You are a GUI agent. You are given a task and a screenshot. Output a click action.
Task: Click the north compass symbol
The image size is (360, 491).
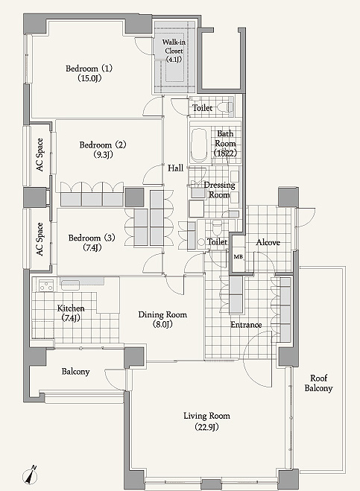click(31, 475)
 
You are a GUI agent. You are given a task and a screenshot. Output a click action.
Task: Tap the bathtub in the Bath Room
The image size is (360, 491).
click(199, 145)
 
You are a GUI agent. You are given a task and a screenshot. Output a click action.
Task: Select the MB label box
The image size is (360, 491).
click(238, 257)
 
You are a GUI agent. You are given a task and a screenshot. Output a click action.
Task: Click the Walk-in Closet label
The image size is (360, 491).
click(174, 51)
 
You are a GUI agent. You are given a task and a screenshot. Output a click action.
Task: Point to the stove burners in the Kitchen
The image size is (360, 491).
click(47, 285)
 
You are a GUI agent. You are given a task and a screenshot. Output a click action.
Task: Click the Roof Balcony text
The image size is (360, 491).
click(319, 383)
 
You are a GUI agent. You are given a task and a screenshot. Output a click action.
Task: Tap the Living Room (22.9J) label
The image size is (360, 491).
click(206, 421)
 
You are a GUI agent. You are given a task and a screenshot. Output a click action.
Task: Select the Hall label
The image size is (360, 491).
click(175, 168)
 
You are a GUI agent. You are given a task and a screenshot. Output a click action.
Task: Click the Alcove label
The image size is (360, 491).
click(268, 242)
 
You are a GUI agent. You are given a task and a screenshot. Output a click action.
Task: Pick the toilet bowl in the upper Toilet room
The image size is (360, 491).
click(225, 107)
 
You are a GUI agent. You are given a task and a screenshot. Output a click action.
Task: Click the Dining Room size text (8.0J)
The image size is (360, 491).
click(162, 324)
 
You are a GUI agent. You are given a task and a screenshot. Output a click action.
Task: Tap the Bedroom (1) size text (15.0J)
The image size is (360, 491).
click(89, 78)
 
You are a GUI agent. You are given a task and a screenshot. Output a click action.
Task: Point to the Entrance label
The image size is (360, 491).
click(246, 325)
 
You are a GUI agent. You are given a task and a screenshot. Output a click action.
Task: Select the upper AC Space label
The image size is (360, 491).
click(40, 155)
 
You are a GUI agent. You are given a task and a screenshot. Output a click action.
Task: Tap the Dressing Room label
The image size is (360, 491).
click(219, 190)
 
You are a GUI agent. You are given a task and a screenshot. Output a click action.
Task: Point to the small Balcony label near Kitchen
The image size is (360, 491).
click(75, 372)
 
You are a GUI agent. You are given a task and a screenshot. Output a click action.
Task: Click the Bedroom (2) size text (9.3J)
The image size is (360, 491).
click(104, 154)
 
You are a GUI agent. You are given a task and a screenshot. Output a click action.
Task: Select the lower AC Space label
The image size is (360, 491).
click(40, 239)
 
